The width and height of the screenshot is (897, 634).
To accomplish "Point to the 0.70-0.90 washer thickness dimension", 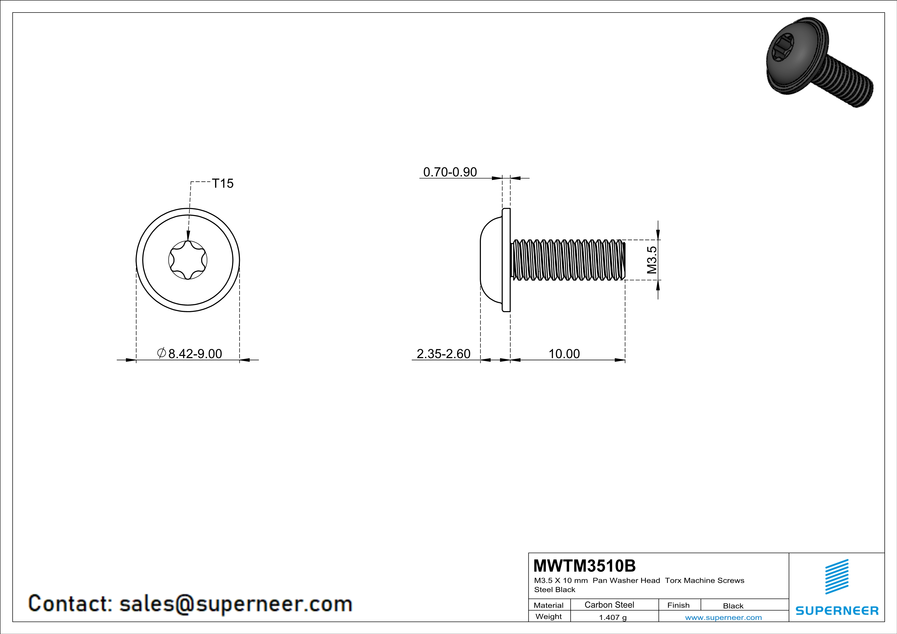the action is (x=450, y=172).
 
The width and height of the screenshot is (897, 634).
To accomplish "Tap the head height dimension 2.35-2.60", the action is (x=444, y=354).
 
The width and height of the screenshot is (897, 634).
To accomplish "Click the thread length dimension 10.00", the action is (x=564, y=354).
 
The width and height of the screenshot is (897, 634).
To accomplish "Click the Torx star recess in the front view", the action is (x=188, y=260).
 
